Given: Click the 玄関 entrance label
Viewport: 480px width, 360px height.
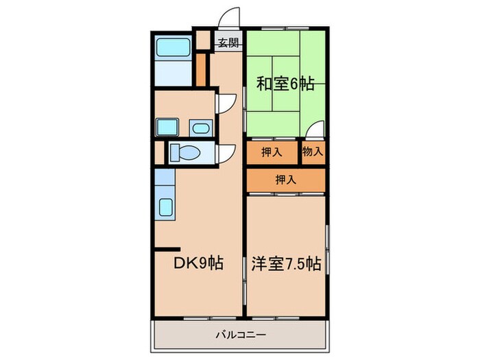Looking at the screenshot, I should click(228, 43).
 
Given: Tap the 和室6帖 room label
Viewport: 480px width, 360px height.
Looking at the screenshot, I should click(285, 84).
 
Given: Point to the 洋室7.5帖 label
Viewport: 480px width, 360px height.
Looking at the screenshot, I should click(286, 262).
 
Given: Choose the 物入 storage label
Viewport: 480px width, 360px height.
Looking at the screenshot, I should click(313, 152).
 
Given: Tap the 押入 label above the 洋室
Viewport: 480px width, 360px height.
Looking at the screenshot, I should click(285, 180).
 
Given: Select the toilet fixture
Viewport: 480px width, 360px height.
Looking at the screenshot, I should click(185, 152).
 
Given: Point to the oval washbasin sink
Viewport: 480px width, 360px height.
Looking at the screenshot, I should click(200, 128).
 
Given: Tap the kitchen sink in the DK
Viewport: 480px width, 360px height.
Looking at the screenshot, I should click(166, 206).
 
